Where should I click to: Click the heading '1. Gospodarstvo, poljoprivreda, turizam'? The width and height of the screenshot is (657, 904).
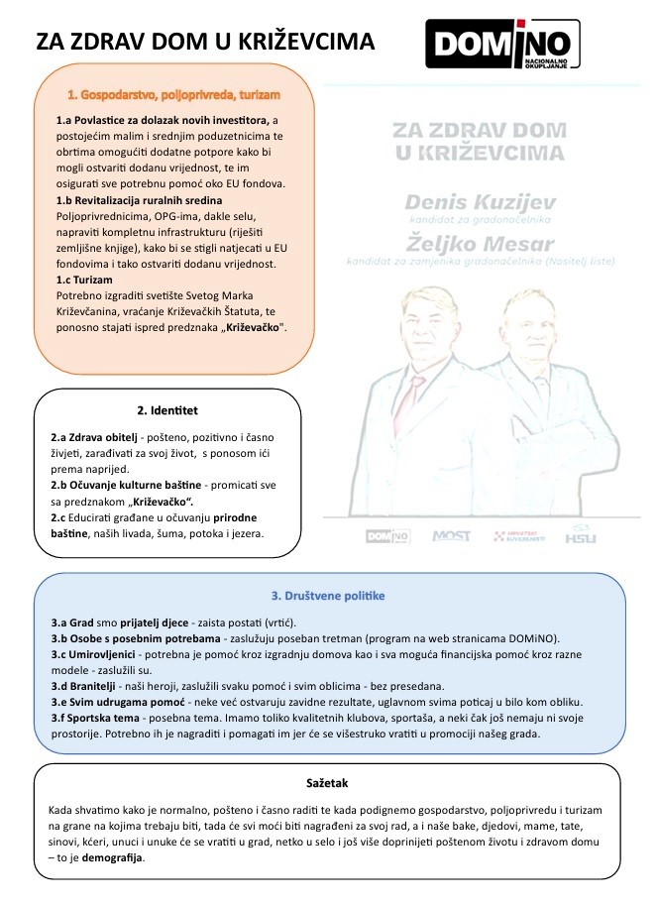point(173,95)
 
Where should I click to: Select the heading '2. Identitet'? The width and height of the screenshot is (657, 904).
point(167,409)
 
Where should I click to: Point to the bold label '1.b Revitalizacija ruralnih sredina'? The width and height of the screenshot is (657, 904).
point(139,201)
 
